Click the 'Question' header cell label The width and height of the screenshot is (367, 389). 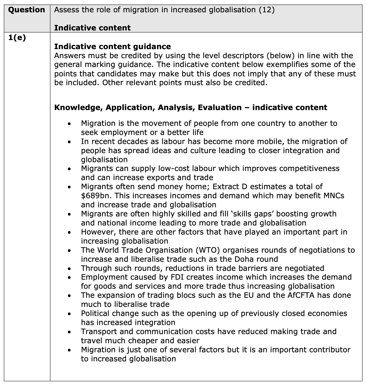click(26, 10)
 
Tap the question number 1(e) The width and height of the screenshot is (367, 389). click(17, 38)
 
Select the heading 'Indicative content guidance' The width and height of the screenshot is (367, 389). click(112, 47)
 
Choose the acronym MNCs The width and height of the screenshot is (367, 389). click(334, 196)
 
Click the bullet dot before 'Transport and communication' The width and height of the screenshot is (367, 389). click(69, 332)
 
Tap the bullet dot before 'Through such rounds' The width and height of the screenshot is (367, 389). click(69, 269)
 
